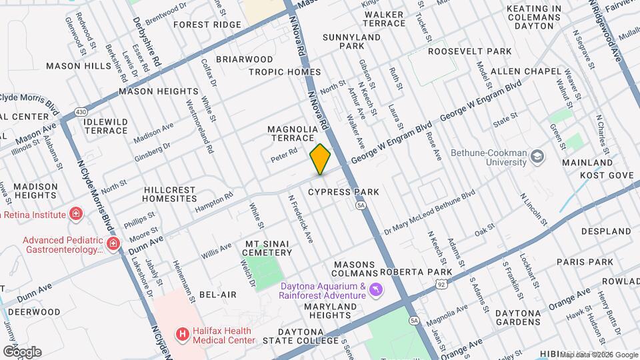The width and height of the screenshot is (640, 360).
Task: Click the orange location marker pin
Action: pos(320,159)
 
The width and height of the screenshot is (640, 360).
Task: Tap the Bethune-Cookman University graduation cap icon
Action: pos(537,156)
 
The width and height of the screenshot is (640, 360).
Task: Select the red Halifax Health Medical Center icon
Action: pos(181,333)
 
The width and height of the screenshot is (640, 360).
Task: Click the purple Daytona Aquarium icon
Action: pos(377,289)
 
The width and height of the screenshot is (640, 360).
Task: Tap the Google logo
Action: pos(22,351)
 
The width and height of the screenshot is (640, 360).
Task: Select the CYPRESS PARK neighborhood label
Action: pos(343,192)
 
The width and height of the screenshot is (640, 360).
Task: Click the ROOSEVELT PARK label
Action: pos(469,51)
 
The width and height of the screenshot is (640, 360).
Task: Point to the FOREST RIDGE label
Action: pos(207,25)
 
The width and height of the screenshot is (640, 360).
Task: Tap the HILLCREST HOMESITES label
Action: pos(170,194)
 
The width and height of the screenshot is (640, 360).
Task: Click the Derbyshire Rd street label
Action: pos(147,41)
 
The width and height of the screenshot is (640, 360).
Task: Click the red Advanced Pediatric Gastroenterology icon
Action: pos(113,243)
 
